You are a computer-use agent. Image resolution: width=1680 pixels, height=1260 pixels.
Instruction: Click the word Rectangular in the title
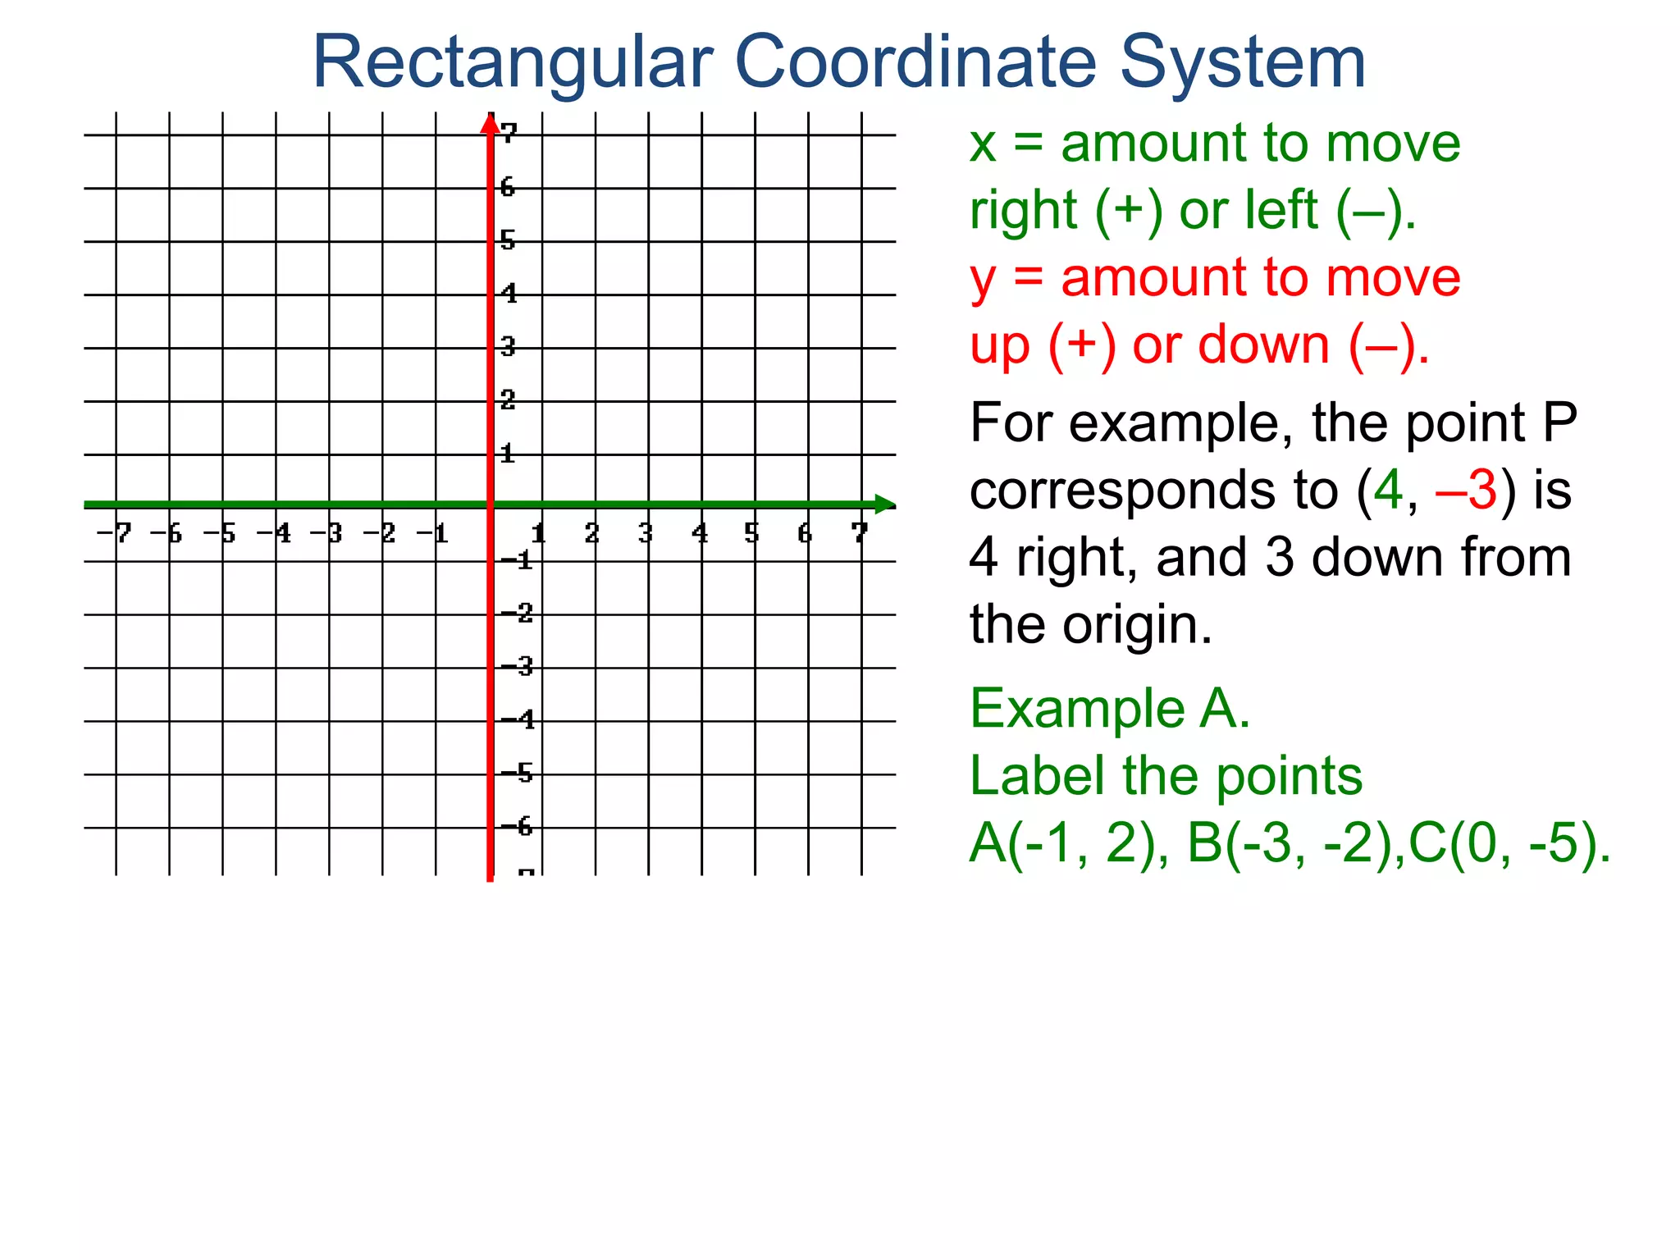click(513, 64)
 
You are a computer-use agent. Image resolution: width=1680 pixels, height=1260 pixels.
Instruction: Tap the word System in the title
click(1243, 64)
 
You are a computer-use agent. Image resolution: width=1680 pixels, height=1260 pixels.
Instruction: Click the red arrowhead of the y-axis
click(490, 123)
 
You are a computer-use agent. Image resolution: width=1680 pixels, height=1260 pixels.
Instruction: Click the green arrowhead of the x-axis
click(884, 504)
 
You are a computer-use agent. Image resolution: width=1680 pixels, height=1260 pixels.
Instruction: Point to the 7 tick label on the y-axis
click(509, 132)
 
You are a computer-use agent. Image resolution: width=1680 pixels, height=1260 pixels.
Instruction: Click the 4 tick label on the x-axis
click(700, 534)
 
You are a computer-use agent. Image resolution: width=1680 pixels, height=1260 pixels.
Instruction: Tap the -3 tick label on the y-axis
click(517, 666)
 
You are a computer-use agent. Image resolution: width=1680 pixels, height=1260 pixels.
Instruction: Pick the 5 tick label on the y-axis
click(509, 240)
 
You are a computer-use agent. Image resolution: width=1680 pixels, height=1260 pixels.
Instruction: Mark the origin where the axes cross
click(490, 504)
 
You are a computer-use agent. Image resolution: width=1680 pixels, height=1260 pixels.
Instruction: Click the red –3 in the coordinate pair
click(1467, 491)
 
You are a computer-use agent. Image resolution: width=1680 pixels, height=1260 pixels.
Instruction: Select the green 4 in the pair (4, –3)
click(1388, 491)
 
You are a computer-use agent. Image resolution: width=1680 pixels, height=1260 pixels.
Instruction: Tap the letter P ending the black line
click(1559, 423)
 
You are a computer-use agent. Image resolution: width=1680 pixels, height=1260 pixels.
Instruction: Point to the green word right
click(1023, 211)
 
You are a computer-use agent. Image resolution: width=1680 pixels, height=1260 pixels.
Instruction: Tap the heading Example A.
click(1110, 709)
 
